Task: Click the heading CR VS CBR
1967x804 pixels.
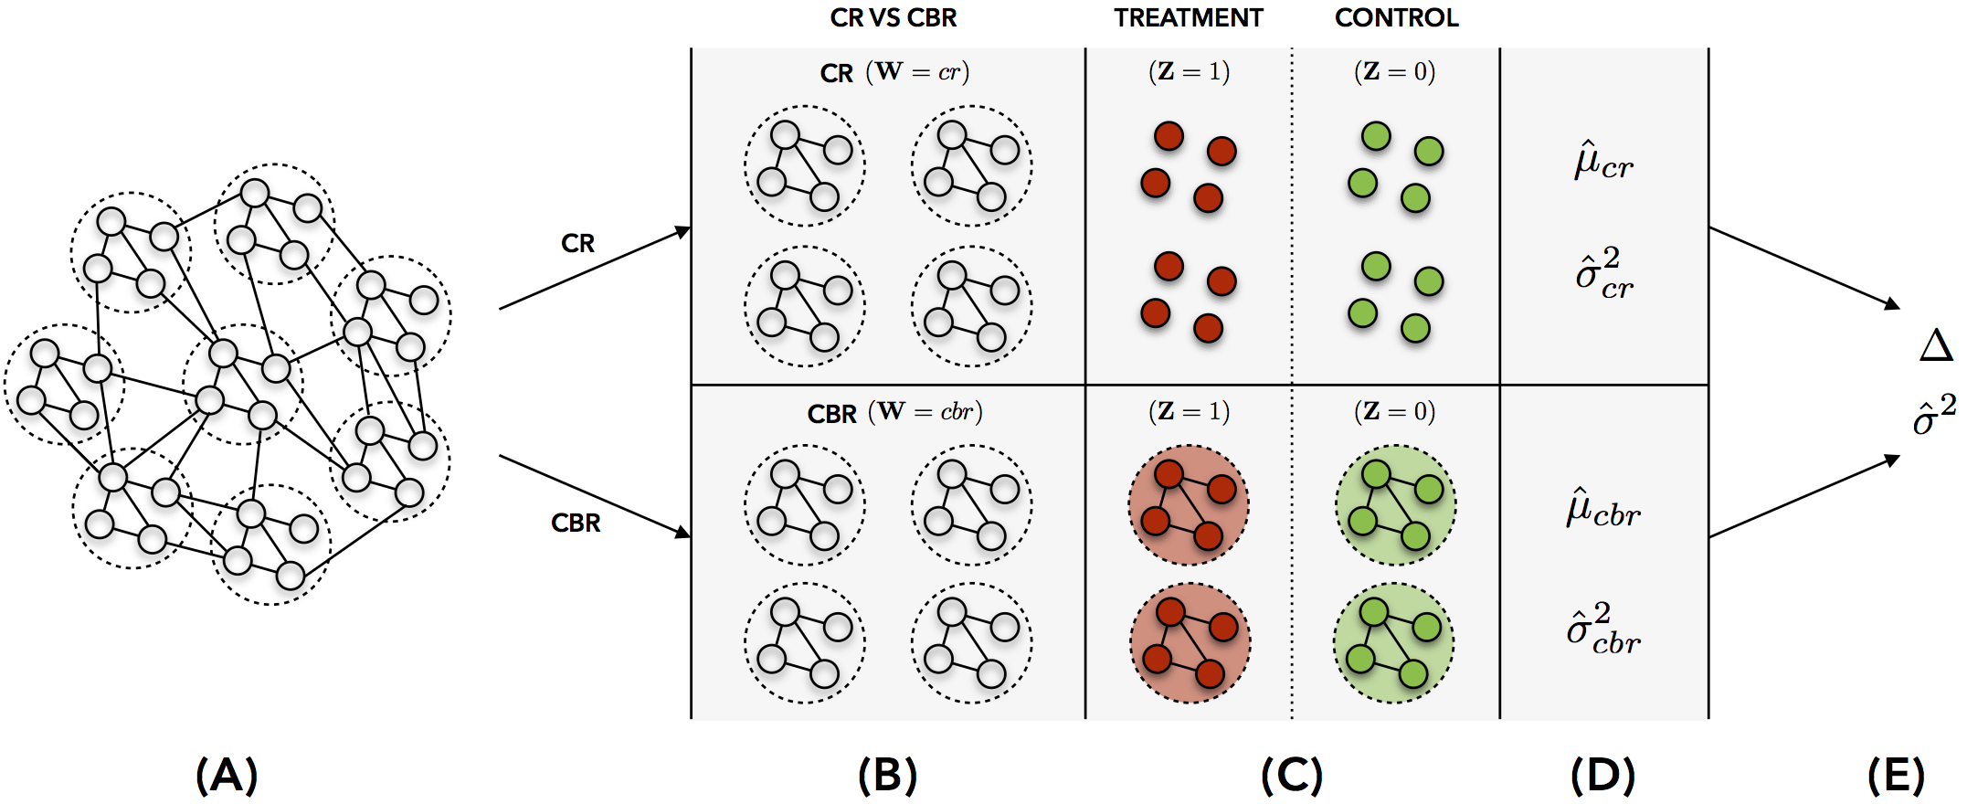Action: [893, 18]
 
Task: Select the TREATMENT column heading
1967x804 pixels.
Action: [1188, 18]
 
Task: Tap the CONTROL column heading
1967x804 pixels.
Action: [1396, 18]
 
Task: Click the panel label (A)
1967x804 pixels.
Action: [227, 776]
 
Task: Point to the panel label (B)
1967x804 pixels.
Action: [887, 776]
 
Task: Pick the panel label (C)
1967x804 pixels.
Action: [1291, 776]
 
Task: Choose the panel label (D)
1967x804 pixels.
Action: [1602, 776]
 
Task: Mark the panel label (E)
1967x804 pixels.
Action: [1896, 776]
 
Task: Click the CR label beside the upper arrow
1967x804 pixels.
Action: [577, 244]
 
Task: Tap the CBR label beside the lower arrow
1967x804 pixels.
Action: [576, 524]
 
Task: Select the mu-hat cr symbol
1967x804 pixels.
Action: [1603, 162]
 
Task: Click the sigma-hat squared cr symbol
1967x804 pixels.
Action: [1603, 273]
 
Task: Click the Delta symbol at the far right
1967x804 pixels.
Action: [1936, 346]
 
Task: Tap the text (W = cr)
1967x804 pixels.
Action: [917, 72]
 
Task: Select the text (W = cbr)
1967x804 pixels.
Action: [925, 412]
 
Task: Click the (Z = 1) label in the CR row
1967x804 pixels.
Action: [1189, 72]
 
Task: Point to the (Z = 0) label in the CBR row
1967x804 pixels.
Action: [1394, 412]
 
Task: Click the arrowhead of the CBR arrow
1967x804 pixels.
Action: [683, 533]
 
